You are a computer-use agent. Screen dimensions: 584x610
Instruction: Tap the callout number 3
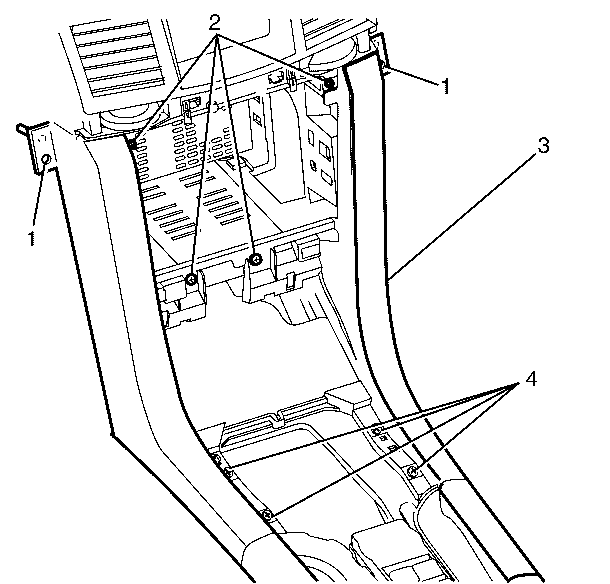(543, 146)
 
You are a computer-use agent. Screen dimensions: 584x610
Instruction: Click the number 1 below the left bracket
(31, 238)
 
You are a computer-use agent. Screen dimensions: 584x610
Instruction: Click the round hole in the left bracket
(46, 160)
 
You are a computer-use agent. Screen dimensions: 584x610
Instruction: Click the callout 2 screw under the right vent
(329, 84)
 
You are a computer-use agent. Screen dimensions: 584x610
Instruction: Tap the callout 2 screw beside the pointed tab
(256, 258)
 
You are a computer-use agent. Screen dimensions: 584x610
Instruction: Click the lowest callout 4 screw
(267, 515)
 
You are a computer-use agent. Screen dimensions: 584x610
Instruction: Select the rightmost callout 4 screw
(413, 471)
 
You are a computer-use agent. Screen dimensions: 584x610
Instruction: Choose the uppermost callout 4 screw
(377, 429)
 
